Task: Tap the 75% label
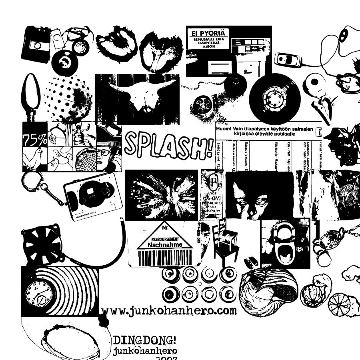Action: point(35,140)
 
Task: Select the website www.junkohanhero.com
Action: point(169,311)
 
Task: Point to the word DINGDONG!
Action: point(144,341)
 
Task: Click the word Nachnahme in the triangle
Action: point(165,244)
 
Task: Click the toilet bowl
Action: point(285,244)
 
